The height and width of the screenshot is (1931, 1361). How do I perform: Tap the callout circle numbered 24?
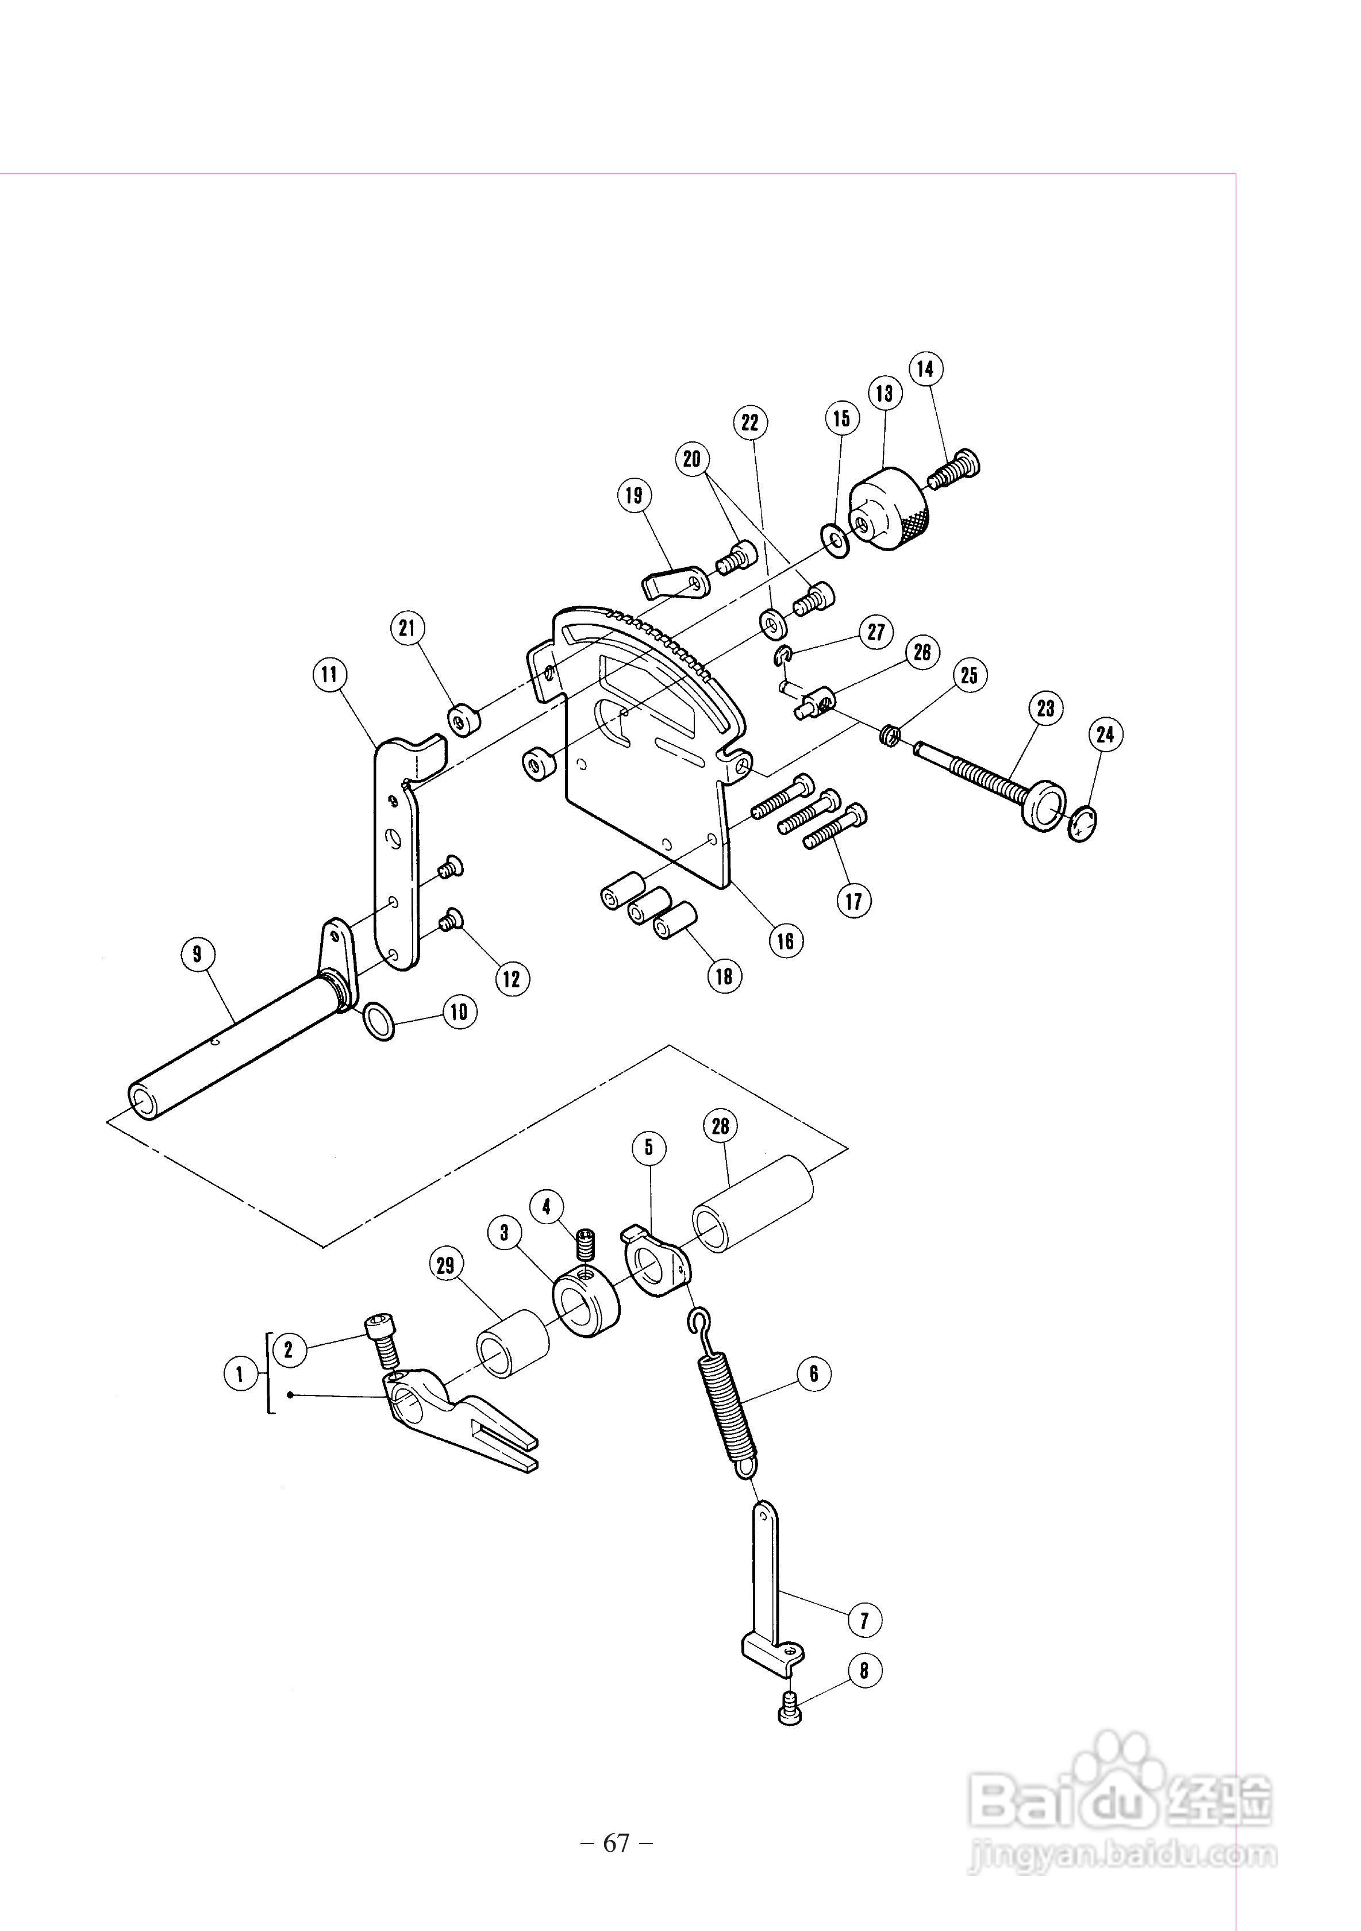[1105, 734]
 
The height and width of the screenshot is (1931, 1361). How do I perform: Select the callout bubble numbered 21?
[408, 628]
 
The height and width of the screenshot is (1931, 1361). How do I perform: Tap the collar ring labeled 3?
[586, 1307]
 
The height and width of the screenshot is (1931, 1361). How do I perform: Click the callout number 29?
[446, 1265]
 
